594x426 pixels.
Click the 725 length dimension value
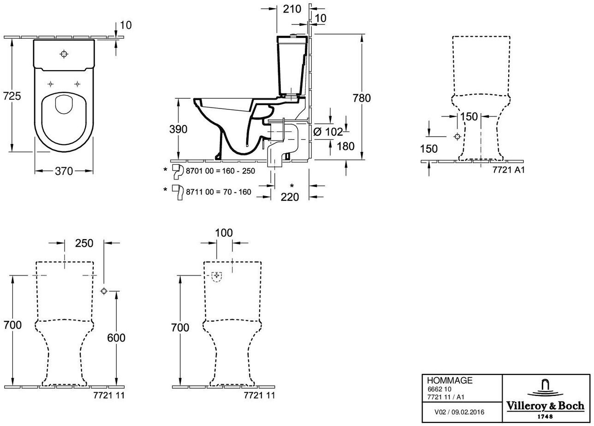coord(12,96)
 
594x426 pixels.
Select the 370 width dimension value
coord(64,171)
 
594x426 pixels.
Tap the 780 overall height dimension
coord(362,98)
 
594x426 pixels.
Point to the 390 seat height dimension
coord(178,129)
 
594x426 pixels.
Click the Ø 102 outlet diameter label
coord(328,132)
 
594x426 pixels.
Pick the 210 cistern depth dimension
coord(292,9)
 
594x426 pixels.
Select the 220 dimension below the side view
coord(290,197)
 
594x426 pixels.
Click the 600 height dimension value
coord(116,338)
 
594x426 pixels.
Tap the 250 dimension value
coord(84,243)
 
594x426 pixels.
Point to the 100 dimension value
coord(224,233)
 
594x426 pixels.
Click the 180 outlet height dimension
coord(345,146)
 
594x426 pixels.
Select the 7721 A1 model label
coord(509,170)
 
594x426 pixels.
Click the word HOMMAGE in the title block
coord(450,380)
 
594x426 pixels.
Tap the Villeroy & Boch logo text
coord(546,406)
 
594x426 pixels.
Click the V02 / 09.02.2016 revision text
coord(459,412)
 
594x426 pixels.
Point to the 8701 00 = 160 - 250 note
coord(220,171)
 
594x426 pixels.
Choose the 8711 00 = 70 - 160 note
coord(219,192)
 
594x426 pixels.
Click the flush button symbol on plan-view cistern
coord(64,54)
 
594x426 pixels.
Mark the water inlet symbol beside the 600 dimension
coord(104,291)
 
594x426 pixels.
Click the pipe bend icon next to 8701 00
coord(178,171)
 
